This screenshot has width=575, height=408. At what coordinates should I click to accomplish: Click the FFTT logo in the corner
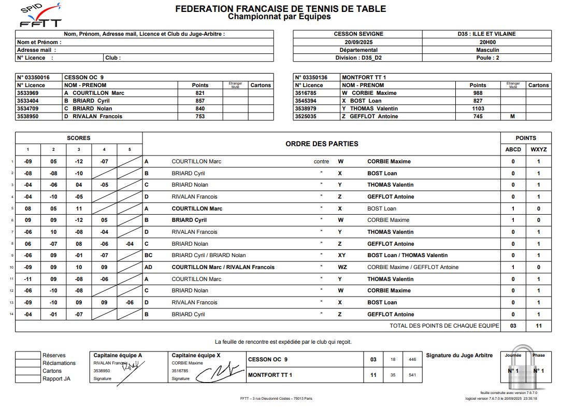40,16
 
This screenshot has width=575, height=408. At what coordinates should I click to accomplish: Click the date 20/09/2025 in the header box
358,42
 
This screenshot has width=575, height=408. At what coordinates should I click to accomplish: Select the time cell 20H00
487,42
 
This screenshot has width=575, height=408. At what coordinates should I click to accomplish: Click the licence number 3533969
27,93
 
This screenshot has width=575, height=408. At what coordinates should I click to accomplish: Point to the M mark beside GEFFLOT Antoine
513,117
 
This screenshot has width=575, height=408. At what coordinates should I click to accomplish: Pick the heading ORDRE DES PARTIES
321,144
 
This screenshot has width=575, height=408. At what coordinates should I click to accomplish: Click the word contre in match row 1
321,161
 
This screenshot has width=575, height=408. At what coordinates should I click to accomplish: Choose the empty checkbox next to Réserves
27,355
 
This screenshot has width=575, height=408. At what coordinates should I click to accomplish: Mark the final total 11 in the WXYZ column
538,326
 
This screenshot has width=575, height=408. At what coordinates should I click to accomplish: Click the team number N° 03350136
311,77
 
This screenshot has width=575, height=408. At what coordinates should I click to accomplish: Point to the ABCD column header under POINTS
513,149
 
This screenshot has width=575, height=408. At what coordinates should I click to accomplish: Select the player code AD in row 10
149,268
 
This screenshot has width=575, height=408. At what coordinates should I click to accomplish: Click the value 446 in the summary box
412,359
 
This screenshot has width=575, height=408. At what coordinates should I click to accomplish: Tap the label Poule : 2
487,58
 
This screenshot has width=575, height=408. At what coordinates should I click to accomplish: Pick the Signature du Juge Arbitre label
459,355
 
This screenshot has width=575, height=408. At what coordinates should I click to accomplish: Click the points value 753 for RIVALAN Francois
200,117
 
